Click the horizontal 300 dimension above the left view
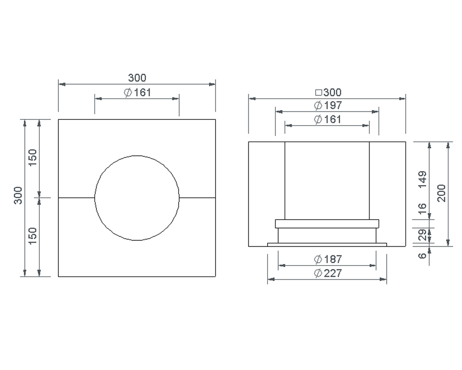tap(137, 77)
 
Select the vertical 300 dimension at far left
tap(18, 195)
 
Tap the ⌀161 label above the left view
tap(137, 92)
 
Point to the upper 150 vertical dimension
tap(33, 157)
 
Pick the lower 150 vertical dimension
tap(33, 236)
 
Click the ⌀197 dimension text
tap(328, 105)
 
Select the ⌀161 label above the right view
tap(328, 119)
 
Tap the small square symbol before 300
tap(318, 92)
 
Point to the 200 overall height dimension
tap(441, 193)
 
